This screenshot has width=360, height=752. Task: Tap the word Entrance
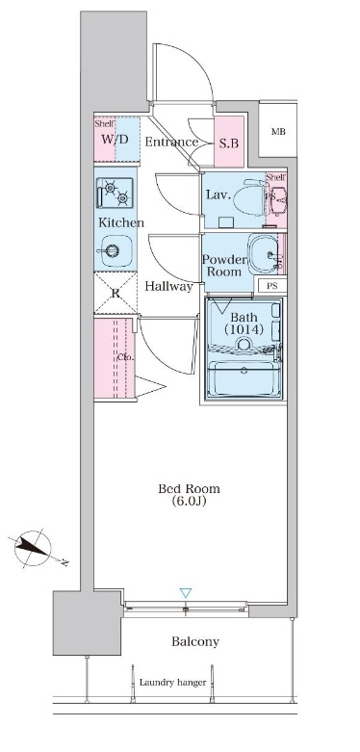[x=171, y=143]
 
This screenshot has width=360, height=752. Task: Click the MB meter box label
[x=278, y=132]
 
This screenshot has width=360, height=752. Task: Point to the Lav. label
[x=217, y=194]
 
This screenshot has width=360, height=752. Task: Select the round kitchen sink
[x=113, y=253]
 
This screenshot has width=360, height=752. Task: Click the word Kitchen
[x=121, y=223]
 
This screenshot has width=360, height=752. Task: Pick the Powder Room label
[x=225, y=265]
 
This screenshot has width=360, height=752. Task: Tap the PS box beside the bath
[x=272, y=287]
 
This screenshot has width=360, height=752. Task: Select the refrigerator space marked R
[x=115, y=293]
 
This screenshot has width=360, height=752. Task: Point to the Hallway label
[x=169, y=286]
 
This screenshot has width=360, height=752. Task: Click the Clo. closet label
[x=125, y=358]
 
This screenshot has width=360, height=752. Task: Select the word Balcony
[x=194, y=641]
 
